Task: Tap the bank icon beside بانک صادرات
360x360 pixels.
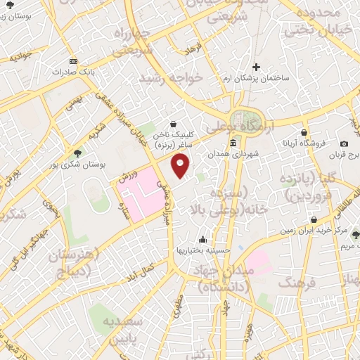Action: point(73,60)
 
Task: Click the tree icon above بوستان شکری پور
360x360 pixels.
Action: point(77,153)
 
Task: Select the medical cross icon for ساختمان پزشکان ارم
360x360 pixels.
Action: point(257,68)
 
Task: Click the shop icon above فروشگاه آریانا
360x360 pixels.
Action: point(304,132)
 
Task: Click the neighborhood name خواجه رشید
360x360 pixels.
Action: point(171,77)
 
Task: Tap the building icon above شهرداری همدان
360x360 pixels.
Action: point(233,143)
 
